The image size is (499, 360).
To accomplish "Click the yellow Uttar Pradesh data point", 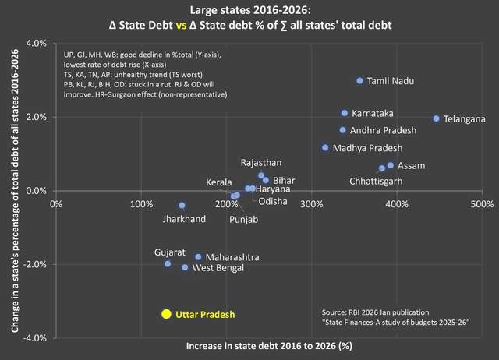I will click(x=166, y=313).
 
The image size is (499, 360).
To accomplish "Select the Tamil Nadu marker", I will click(x=359, y=80).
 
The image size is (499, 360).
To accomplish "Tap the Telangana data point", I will click(x=436, y=118).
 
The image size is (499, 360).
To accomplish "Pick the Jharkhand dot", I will click(x=182, y=206).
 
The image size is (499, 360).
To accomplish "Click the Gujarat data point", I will click(x=168, y=264).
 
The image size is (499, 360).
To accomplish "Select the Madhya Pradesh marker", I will click(x=325, y=147).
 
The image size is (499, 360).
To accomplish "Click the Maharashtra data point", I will click(x=198, y=256).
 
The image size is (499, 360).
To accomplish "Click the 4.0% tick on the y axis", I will click(x=35, y=43).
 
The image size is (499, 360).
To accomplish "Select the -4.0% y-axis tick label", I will click(x=34, y=338).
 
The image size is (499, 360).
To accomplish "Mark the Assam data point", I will click(x=391, y=165).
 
